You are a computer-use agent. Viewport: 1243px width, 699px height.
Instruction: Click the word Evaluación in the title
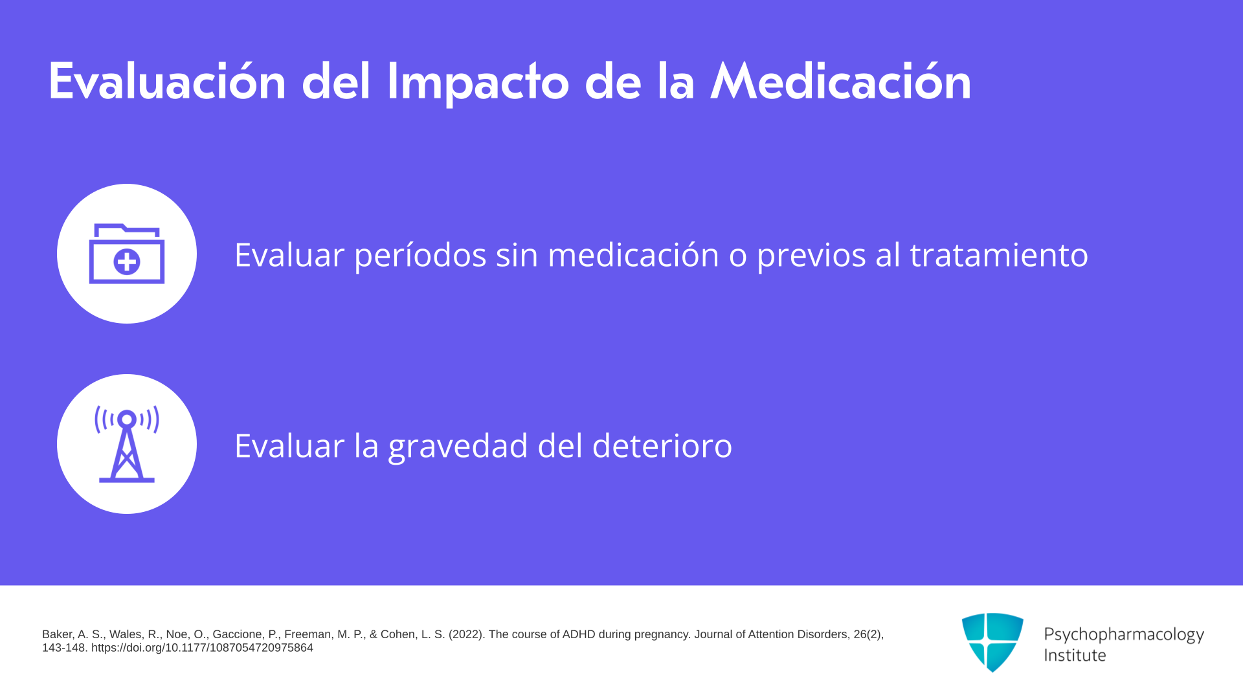[x=167, y=82]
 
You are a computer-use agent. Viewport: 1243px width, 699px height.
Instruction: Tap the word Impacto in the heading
[x=478, y=83]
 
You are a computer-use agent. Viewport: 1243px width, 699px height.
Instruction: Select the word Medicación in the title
[x=841, y=82]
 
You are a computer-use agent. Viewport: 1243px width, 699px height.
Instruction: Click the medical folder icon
[x=127, y=253]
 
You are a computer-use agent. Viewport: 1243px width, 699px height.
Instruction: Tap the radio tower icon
[x=127, y=444]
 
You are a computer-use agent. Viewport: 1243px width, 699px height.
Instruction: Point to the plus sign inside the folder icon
[x=127, y=262]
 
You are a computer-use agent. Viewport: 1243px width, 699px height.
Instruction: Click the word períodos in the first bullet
[x=420, y=255]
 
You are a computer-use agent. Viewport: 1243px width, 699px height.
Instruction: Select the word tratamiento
[x=999, y=254]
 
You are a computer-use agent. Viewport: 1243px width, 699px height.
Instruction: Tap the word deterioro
[x=662, y=445]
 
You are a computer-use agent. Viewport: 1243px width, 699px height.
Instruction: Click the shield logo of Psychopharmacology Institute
[x=992, y=642]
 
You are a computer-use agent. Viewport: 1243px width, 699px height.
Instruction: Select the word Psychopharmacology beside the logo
[x=1124, y=635]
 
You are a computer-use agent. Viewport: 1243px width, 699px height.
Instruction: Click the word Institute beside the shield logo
[x=1075, y=655]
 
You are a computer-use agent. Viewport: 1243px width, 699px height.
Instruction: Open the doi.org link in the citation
[x=202, y=648]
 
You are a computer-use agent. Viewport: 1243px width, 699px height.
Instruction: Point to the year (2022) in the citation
[x=465, y=634]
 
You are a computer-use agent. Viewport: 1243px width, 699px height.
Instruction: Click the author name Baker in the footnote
[x=58, y=634]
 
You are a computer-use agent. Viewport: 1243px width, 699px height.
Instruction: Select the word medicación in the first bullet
[x=633, y=254]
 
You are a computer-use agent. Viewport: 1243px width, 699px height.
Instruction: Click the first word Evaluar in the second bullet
[x=289, y=445]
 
